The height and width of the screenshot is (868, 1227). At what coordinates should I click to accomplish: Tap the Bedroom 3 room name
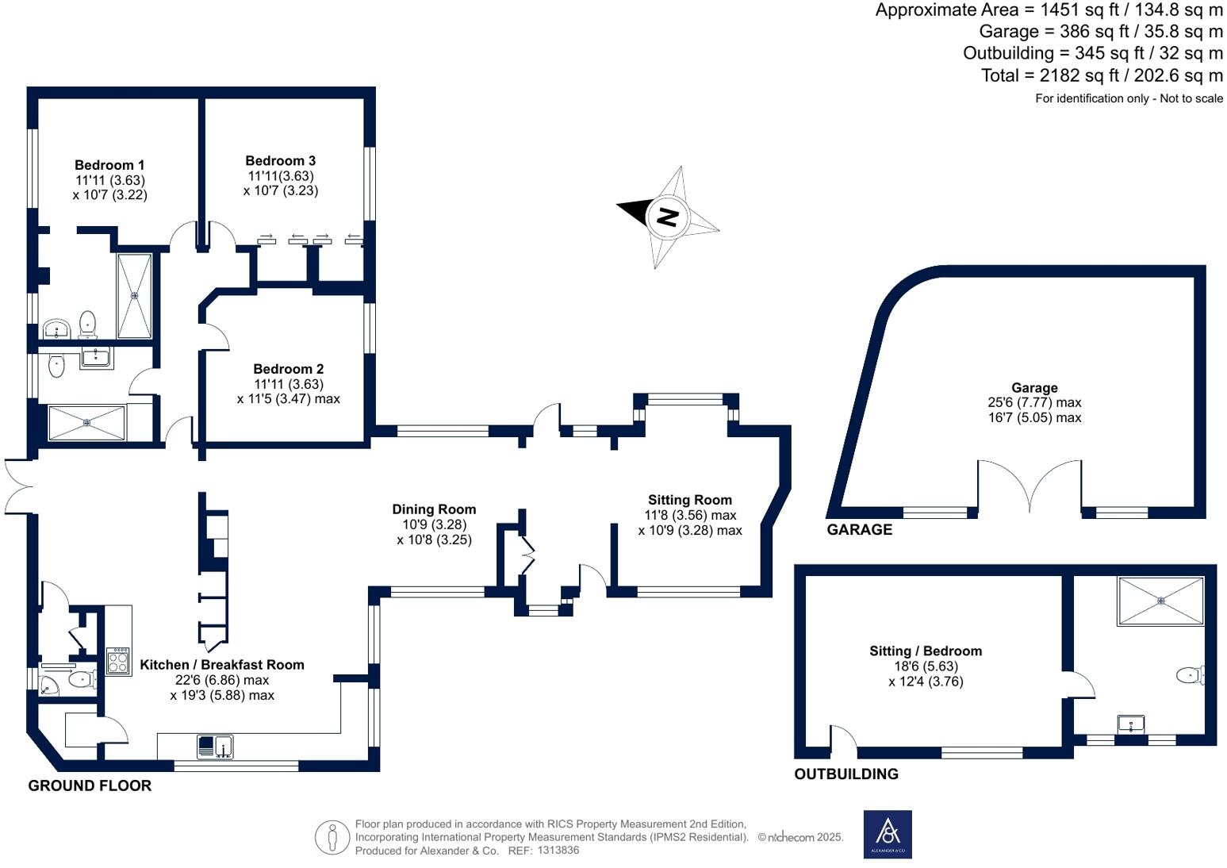click(x=280, y=160)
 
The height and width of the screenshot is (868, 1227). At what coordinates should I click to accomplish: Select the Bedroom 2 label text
click(x=288, y=369)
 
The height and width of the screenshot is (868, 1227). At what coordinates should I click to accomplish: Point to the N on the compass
click(x=668, y=216)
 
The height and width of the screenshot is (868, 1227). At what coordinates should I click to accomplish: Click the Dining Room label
click(x=434, y=509)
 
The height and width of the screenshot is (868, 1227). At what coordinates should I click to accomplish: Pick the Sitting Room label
click(x=689, y=500)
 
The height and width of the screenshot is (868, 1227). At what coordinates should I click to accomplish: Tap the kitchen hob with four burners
click(x=119, y=661)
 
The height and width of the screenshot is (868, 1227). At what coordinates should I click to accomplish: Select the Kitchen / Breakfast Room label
click(x=222, y=665)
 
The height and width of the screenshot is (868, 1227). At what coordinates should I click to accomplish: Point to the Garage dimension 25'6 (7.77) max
click(x=1034, y=402)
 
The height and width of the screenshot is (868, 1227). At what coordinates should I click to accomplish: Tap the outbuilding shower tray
click(x=1160, y=601)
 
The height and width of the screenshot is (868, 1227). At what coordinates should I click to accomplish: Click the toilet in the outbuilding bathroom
click(x=1190, y=675)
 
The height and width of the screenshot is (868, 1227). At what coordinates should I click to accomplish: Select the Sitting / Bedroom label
click(x=926, y=651)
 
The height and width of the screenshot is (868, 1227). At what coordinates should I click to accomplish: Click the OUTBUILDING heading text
click(x=846, y=774)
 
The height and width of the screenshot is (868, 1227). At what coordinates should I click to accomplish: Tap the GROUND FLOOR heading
click(x=90, y=785)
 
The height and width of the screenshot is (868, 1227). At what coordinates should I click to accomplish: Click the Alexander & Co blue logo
click(x=888, y=834)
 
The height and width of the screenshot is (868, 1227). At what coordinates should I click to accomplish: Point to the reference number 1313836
click(x=558, y=851)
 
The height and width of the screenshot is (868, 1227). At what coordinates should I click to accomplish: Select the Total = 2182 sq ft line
click(x=1102, y=75)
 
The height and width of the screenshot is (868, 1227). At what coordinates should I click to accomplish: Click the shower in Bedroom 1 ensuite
click(x=134, y=295)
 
